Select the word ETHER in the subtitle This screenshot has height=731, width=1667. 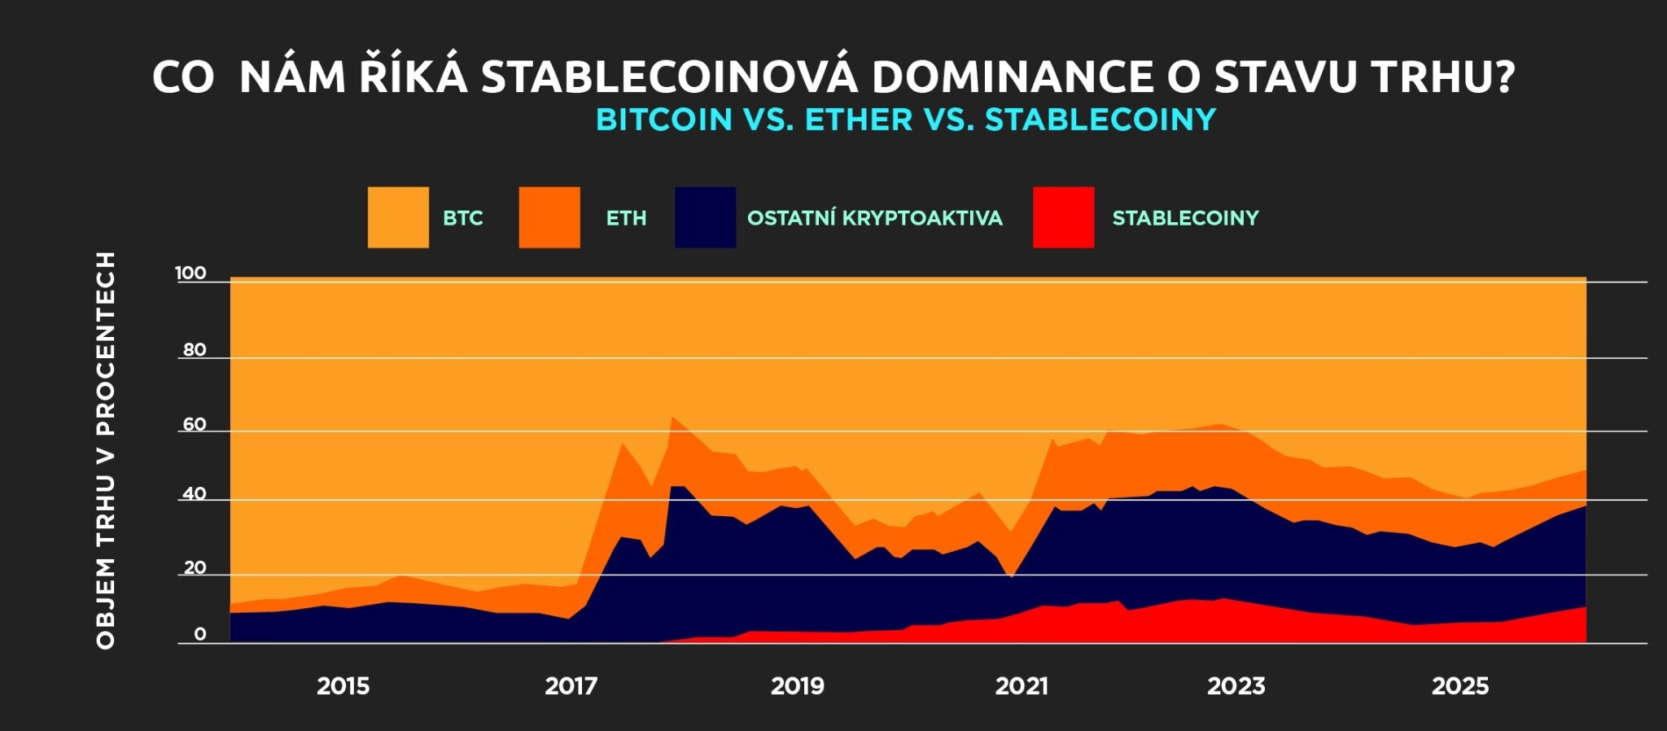click(859, 120)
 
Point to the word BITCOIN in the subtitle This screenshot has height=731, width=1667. click(664, 120)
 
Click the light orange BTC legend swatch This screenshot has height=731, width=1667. click(398, 217)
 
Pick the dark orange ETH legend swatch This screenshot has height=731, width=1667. click(549, 217)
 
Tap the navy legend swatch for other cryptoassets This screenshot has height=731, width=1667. click(705, 217)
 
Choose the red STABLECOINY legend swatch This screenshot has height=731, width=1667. click(1063, 217)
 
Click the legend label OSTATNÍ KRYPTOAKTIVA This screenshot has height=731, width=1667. click(875, 218)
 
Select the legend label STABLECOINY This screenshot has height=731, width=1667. click(1186, 218)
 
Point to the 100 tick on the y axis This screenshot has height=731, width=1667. click(191, 274)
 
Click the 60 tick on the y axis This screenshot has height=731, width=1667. click(195, 425)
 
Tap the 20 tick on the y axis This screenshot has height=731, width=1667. click(195, 568)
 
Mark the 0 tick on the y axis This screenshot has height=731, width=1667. click(200, 635)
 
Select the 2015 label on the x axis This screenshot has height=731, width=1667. click(343, 686)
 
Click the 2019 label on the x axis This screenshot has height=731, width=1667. click(798, 686)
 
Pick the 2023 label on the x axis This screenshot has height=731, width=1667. click(1236, 686)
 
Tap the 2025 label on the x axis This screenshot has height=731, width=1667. click(1460, 686)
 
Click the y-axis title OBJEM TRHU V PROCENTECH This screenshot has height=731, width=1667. click(106, 450)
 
